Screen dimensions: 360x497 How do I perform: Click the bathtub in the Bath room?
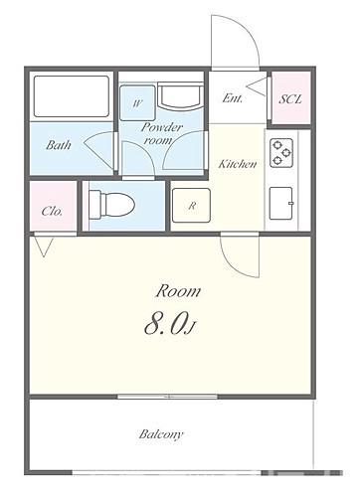click(72, 96)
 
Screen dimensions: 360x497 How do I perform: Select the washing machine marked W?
click(137, 103)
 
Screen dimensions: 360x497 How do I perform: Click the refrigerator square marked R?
click(191, 206)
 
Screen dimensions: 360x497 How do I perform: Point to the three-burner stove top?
click(281, 153)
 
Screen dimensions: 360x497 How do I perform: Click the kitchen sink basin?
click(281, 203)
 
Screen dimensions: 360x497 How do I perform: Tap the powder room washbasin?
click(180, 96)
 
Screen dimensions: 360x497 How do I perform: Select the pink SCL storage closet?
click(291, 98)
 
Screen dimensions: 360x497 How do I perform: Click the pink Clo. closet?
click(53, 206)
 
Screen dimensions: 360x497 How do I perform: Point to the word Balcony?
click(161, 434)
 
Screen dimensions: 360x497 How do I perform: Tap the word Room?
click(178, 291)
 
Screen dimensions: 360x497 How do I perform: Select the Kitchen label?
click(238, 164)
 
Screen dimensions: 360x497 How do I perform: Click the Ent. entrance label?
click(233, 98)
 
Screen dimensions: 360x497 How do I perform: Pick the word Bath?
click(59, 145)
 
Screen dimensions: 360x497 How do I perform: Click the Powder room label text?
click(162, 133)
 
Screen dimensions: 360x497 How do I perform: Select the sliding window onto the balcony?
click(167, 397)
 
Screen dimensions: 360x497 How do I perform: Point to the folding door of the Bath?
click(99, 148)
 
